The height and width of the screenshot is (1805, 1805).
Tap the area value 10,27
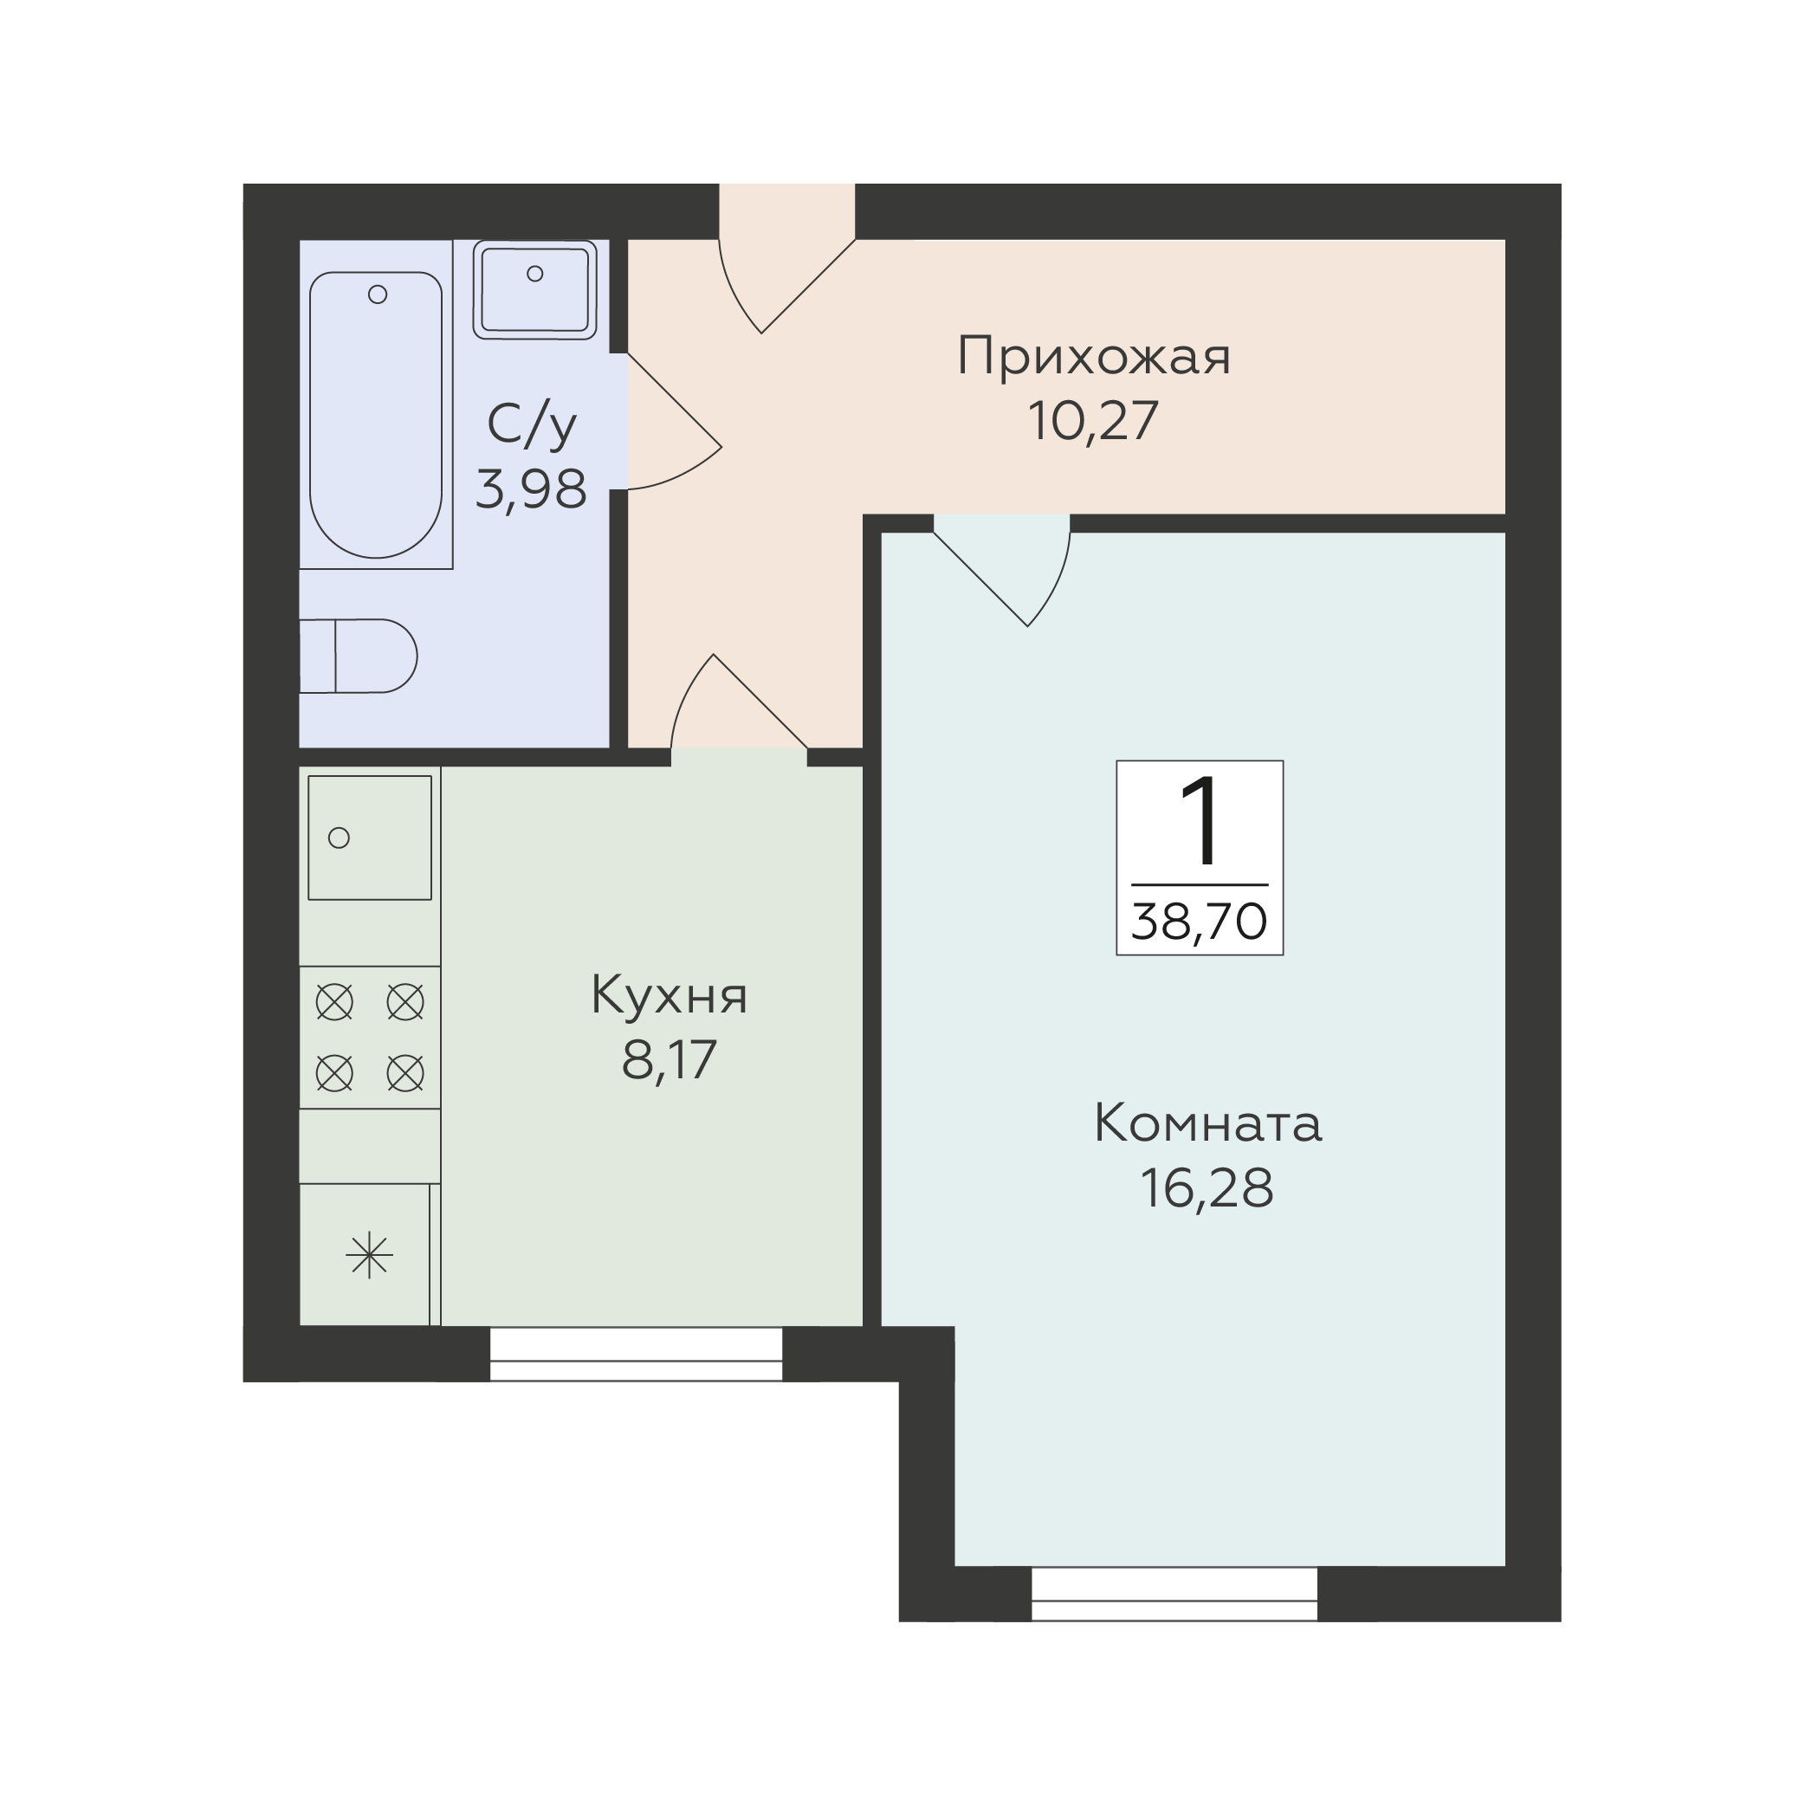(x=1093, y=421)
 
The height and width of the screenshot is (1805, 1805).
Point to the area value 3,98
(x=532, y=488)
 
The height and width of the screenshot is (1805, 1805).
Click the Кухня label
(x=669, y=996)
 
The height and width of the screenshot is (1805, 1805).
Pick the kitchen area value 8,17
(x=669, y=1059)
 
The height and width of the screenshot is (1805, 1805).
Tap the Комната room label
(x=1207, y=1124)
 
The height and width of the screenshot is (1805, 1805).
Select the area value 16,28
(x=1207, y=1189)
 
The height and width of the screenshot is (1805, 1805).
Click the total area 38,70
(x=1200, y=922)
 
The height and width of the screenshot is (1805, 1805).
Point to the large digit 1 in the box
(x=1200, y=821)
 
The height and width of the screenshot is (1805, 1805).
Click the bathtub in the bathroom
(x=376, y=415)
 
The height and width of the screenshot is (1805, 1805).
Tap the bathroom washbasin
(x=534, y=289)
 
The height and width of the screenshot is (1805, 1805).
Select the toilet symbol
(x=358, y=656)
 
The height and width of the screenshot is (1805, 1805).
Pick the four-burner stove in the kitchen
(x=370, y=1037)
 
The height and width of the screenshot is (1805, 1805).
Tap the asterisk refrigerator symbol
(x=369, y=1256)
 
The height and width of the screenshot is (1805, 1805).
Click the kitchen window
(x=637, y=1354)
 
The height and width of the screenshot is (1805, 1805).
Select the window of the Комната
(x=1174, y=1595)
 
